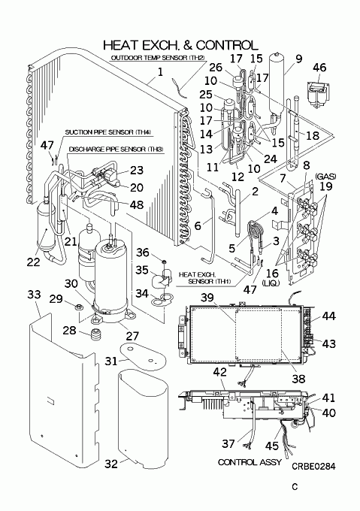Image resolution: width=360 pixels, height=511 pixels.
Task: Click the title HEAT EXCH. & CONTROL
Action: click(x=180, y=45)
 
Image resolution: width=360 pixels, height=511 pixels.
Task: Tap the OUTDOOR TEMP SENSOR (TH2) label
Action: click(x=158, y=58)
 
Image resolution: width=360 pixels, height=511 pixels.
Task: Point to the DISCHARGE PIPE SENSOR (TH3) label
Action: click(x=116, y=150)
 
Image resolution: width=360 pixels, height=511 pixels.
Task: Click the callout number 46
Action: click(x=319, y=67)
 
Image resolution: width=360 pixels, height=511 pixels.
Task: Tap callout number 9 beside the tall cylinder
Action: click(x=299, y=59)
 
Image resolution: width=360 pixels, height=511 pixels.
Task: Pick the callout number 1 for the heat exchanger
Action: click(x=160, y=71)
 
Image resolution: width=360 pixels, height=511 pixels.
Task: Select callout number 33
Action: click(x=34, y=295)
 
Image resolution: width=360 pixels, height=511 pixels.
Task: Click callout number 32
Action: click(x=111, y=464)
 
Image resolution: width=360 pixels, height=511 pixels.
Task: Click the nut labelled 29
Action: click(x=78, y=306)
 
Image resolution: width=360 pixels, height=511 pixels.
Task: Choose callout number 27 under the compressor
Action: click(x=132, y=336)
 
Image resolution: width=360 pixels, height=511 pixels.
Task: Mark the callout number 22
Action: click(x=33, y=262)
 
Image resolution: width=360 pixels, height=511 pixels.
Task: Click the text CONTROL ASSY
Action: click(x=250, y=462)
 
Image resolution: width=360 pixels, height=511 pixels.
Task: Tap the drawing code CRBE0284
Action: click(x=313, y=467)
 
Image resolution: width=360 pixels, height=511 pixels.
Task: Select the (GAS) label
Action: click(x=325, y=177)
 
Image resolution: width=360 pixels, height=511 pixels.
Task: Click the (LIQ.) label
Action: click(x=271, y=283)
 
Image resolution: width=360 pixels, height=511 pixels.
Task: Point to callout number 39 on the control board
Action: click(x=207, y=298)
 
